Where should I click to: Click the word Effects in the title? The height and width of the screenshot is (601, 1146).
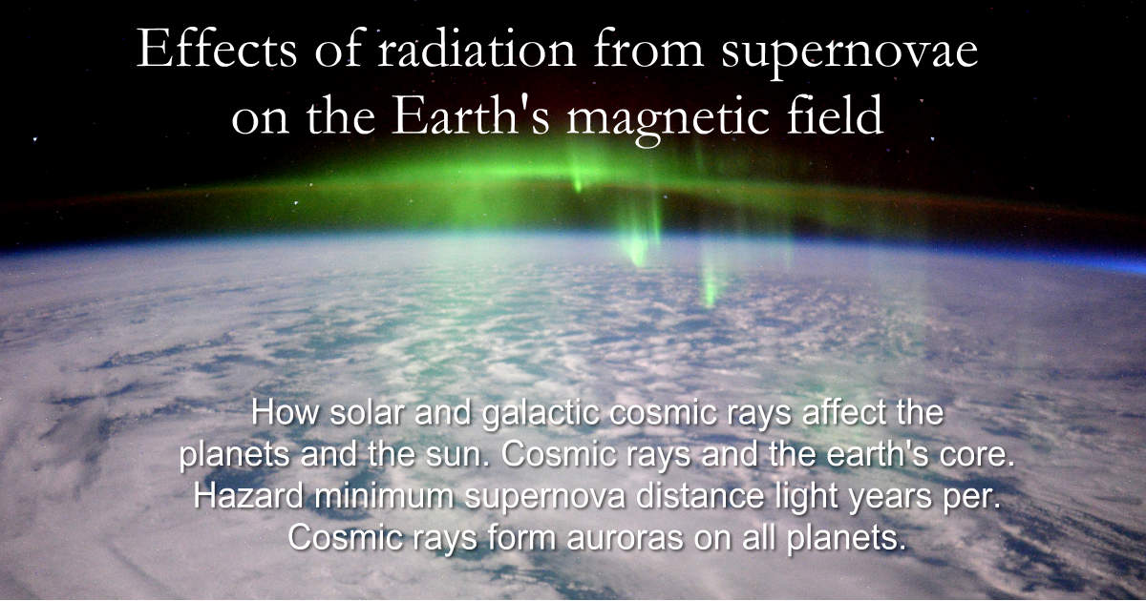tap(217, 49)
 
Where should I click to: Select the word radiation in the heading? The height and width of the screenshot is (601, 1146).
tap(477, 49)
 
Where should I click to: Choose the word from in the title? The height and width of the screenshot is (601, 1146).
tap(648, 49)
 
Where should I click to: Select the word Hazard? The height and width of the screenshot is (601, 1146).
tap(248, 496)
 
